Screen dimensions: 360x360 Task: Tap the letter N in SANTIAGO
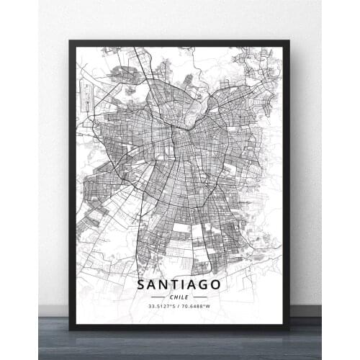[164, 285]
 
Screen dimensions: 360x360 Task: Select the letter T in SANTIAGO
[176, 285]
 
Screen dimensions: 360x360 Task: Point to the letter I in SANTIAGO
[185, 285]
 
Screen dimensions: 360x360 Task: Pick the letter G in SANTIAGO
[207, 285]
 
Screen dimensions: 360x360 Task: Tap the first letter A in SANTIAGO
[152, 285]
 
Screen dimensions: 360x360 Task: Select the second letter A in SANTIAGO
[194, 285]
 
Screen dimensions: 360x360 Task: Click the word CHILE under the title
[180, 297]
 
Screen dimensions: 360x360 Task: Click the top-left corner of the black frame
[71, 42]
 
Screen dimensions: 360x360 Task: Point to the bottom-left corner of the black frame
[71, 328]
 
